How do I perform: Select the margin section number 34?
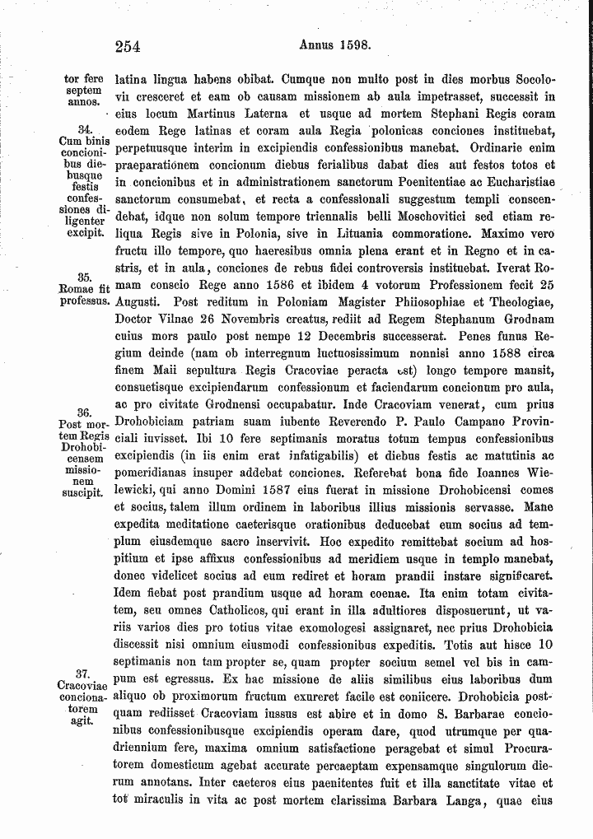(x=82, y=130)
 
